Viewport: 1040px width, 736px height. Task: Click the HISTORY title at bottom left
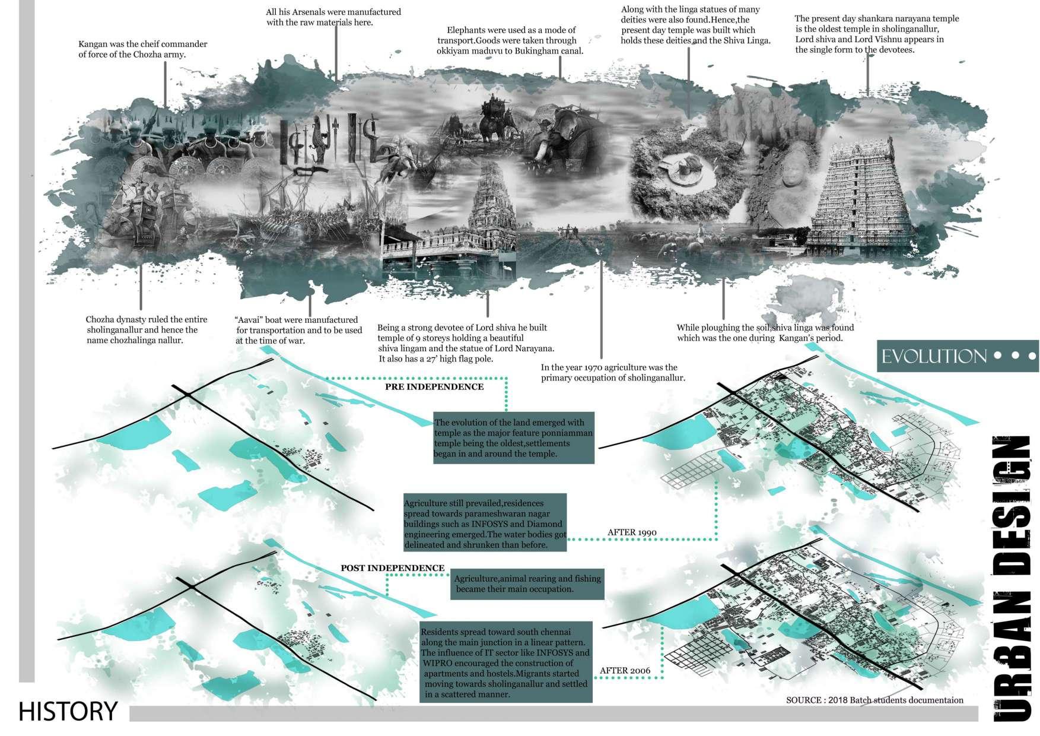[68, 710]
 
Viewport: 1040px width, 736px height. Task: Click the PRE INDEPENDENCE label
[434, 387]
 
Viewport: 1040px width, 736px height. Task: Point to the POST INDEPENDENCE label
[392, 568]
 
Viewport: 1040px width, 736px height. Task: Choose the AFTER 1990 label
[632, 532]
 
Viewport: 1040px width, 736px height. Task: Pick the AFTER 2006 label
[625, 671]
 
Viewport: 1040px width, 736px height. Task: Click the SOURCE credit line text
[874, 700]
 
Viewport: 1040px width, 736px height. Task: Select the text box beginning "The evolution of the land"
[513, 438]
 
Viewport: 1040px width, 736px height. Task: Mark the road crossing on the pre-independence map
[187, 395]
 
